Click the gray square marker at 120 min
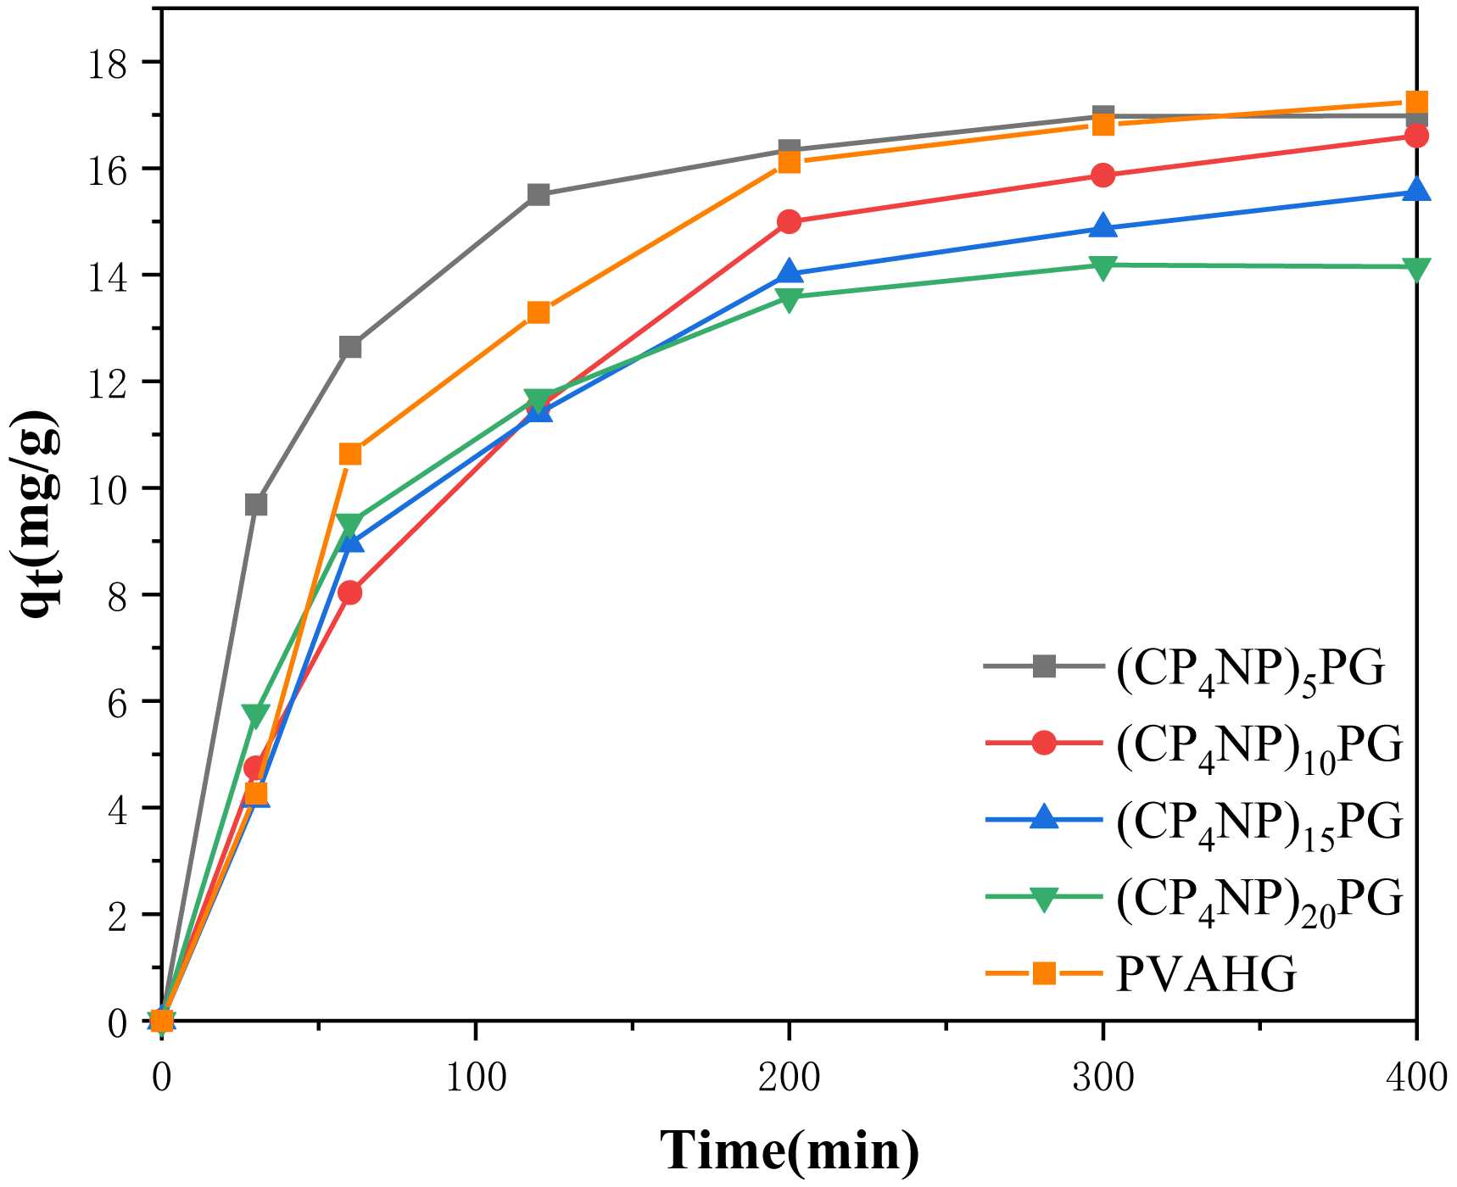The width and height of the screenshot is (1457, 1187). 539,195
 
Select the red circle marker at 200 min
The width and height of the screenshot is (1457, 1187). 789,222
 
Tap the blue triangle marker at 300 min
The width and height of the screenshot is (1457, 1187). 1103,226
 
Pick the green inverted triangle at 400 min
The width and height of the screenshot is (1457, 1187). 1416,268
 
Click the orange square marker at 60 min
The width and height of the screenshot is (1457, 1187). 350,454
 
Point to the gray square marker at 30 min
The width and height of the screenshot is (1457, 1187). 256,504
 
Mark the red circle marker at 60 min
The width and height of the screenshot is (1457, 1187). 350,593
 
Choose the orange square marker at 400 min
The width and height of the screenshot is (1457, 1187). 1416,102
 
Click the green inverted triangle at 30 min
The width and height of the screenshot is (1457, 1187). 256,715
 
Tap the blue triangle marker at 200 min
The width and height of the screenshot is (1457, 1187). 789,272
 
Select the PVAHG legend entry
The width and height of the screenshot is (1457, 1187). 1205,974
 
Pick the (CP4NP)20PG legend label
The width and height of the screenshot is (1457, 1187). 1259,899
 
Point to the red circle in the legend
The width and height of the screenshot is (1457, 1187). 1044,744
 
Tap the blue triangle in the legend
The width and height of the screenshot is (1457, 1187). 1044,819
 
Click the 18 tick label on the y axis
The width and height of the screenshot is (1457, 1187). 109,64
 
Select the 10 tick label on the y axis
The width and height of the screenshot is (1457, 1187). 109,489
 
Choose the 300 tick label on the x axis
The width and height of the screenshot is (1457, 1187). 1103,1078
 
